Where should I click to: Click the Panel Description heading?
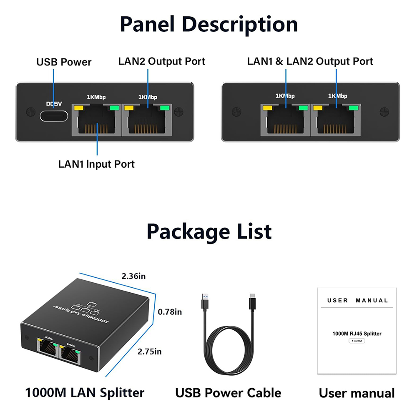coord(208,25)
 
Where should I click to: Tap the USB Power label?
coord(64,63)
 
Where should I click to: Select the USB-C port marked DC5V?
coord(54,116)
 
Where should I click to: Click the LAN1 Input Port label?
coord(96,164)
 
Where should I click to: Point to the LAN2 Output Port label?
coord(162,61)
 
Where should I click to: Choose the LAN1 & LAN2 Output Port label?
coord(310,61)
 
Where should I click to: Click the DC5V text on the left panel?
coord(54,104)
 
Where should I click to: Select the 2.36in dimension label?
coord(133,276)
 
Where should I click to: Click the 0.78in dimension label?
coord(170,311)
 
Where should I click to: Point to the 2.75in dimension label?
coord(150,352)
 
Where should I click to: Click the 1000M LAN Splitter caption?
coord(85,392)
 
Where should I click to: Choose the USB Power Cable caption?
coord(228,392)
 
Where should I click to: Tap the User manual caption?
coord(357,393)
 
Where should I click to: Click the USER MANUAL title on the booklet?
coord(357,300)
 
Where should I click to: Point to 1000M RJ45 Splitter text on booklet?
coord(357,334)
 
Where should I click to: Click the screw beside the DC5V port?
coord(30,111)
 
